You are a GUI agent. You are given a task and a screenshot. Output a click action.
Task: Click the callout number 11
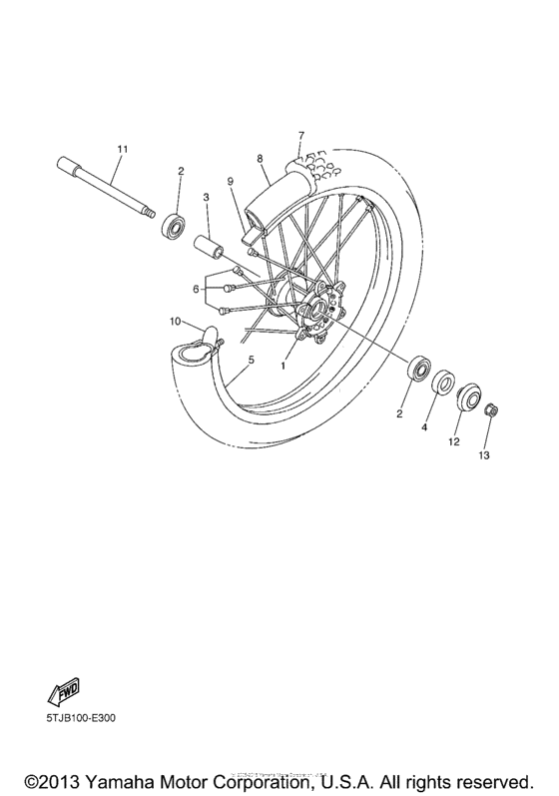coord(122,149)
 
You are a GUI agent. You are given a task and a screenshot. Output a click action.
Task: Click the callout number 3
coord(205,199)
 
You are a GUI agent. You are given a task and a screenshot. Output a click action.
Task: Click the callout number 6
coord(198,290)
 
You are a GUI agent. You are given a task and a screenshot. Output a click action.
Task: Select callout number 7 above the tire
coord(298,135)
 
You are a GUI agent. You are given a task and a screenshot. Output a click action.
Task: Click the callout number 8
coord(259,159)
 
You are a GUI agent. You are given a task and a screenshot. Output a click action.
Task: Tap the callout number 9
coord(229,181)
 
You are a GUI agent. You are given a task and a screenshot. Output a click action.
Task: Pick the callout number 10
coord(174,322)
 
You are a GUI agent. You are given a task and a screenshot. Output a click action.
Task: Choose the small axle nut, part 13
coord(490,411)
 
